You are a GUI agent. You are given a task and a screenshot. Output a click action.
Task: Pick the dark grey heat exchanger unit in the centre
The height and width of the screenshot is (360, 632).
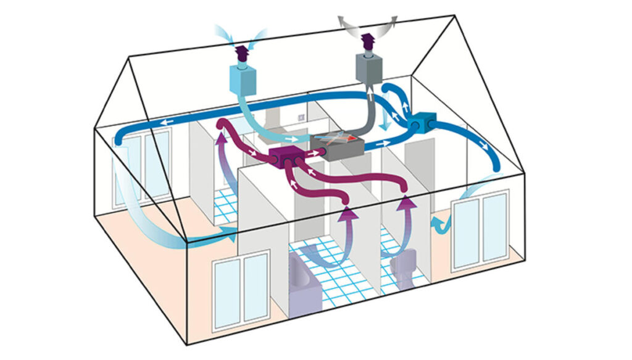point(337,146)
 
